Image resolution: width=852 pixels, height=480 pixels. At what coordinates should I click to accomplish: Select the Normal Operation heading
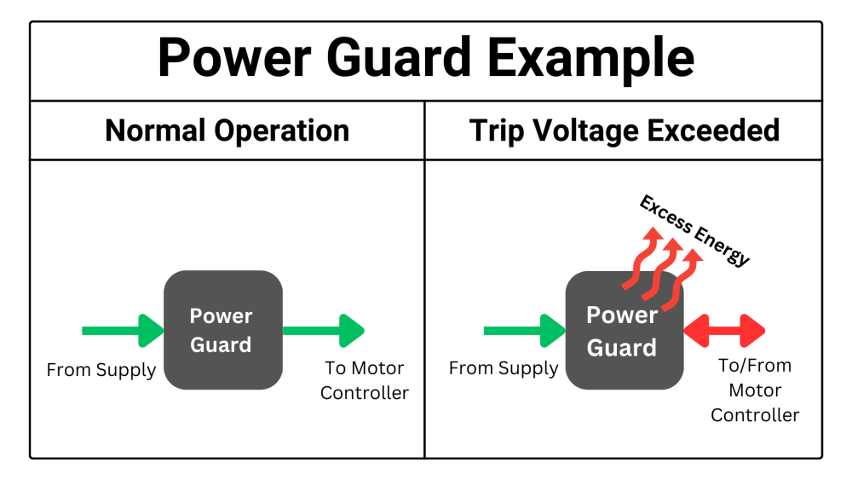click(227, 131)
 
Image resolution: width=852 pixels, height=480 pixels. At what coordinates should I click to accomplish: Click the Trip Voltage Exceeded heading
click(625, 131)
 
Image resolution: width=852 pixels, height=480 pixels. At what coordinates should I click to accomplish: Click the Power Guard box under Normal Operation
click(222, 330)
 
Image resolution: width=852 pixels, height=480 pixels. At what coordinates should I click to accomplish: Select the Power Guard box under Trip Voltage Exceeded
click(624, 331)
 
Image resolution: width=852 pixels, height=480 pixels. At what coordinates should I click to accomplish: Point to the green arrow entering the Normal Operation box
click(122, 331)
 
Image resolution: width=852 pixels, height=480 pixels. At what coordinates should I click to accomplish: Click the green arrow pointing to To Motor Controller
click(324, 331)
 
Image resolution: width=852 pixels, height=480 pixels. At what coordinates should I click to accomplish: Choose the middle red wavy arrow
click(657, 271)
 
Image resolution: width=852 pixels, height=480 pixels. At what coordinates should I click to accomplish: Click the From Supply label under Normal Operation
click(101, 371)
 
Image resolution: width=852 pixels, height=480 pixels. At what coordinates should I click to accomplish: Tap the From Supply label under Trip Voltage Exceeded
click(504, 369)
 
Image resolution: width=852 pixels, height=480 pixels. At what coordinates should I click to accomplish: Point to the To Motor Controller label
click(365, 381)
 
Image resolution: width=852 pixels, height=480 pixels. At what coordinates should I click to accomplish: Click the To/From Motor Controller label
click(755, 390)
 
